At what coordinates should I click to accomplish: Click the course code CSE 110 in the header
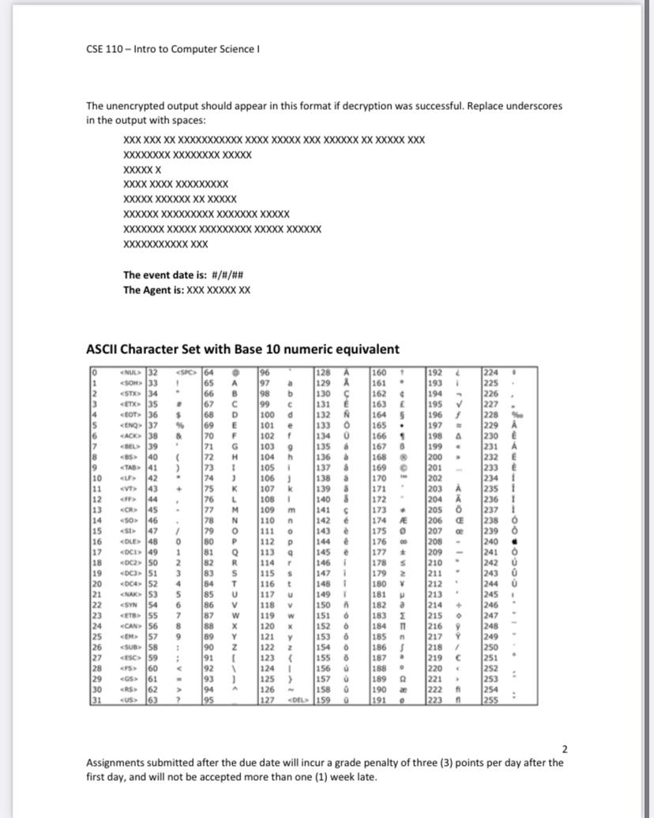(x=106, y=49)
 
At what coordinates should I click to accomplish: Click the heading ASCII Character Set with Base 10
(x=242, y=349)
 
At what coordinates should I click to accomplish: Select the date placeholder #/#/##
(x=228, y=275)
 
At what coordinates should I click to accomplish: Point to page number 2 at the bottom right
(x=564, y=748)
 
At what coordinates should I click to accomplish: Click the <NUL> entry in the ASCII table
(x=124, y=372)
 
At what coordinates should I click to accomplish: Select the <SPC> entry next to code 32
(x=182, y=372)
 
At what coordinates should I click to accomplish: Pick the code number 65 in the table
(x=210, y=382)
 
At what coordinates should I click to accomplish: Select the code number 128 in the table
(x=324, y=372)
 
